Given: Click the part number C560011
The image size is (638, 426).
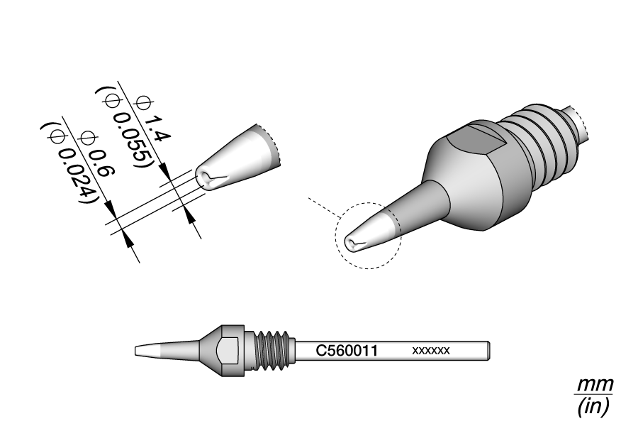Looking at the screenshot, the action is pos(347,350).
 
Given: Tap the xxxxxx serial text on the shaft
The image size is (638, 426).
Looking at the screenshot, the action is pos(431,351).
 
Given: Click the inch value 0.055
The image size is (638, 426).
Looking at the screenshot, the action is pos(133,141).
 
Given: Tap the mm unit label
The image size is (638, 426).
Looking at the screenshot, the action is pos(595,384).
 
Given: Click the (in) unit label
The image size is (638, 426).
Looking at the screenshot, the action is pos(593,405).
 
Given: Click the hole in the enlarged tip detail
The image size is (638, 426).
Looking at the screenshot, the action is pos(205,178).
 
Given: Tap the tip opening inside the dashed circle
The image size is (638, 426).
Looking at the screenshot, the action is pos(352,244).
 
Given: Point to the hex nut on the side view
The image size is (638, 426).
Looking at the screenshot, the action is pos(228,351).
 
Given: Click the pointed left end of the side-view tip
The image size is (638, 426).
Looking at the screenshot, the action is pos(135,351).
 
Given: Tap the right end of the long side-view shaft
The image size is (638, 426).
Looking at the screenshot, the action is pos(489,351).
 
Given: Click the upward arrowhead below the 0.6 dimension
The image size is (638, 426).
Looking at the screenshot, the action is pos(128,240).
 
